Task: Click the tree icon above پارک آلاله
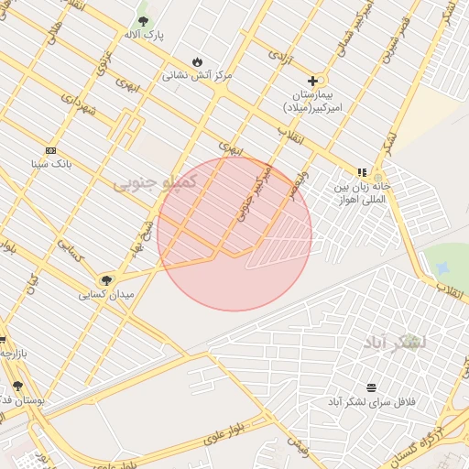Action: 143,20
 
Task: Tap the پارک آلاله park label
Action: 143,35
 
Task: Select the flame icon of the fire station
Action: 197,61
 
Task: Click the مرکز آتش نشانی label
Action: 197,75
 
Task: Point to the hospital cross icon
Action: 312,82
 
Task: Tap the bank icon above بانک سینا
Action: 50,150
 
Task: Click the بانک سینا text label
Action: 50,165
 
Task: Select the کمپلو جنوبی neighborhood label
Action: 155,182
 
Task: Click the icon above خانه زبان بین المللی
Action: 363,171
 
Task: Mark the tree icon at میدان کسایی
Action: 106,279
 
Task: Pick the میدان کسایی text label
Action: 106,294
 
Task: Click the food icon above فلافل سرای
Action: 371,387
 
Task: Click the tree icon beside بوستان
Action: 17,386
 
